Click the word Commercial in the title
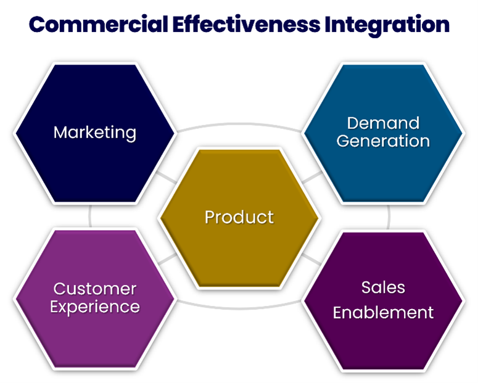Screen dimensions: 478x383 [99, 25]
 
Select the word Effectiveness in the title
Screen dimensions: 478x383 [246, 25]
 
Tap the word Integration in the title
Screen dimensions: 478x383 [387, 26]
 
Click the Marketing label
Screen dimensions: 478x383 [95, 133]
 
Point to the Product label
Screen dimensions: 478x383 [239, 217]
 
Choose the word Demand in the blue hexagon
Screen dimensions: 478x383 [383, 123]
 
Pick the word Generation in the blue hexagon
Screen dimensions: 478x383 [383, 141]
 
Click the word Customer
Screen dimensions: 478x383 [95, 289]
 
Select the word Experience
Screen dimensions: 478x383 [95, 307]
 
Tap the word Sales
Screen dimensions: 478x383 [383, 287]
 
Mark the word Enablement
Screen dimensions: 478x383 [383, 313]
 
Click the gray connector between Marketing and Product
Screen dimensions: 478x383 [167, 178]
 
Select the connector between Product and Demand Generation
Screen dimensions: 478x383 [312, 178]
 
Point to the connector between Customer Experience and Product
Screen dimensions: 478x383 [167, 258]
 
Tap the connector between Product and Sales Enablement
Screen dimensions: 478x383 [312, 259]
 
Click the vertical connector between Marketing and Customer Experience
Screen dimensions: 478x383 [90, 216]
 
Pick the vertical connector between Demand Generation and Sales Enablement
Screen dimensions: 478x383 [389, 217]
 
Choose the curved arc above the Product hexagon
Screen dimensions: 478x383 [239, 125]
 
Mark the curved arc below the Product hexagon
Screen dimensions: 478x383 [239, 308]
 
